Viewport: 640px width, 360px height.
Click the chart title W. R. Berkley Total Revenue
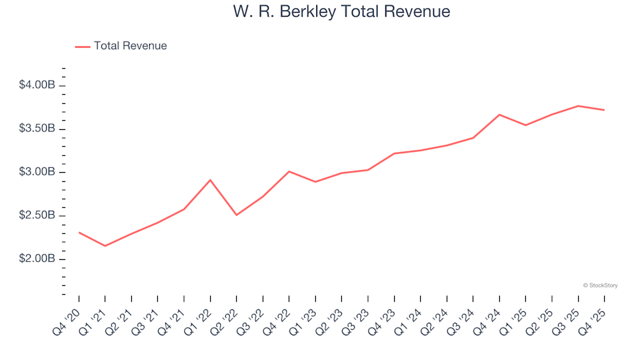341,12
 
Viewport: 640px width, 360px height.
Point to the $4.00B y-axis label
37,85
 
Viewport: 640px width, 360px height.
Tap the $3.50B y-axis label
37,129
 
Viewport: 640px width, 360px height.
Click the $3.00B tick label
37,172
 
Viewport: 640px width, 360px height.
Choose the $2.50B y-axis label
37,215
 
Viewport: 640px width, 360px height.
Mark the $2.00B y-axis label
37,259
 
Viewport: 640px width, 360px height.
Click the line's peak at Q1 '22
211,180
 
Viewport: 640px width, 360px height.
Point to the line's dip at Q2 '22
237,215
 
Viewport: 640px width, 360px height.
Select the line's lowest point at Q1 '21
105,246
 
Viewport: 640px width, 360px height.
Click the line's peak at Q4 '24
499,115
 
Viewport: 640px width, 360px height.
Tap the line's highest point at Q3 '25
578,106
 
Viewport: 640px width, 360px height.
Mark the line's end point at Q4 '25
604,110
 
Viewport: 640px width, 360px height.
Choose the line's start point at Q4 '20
79,233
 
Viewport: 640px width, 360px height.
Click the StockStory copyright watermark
600,285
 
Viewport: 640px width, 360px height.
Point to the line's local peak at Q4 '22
289,171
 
